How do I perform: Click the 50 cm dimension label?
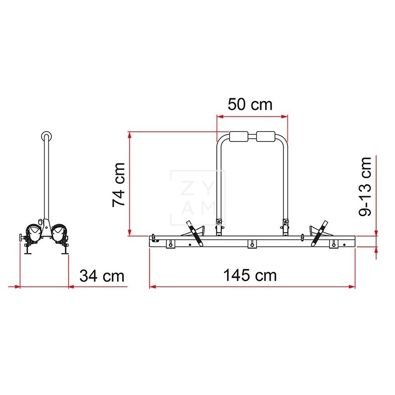click(x=250, y=105)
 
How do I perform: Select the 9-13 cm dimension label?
click(x=366, y=186)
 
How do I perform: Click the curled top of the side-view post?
click(x=46, y=136)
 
